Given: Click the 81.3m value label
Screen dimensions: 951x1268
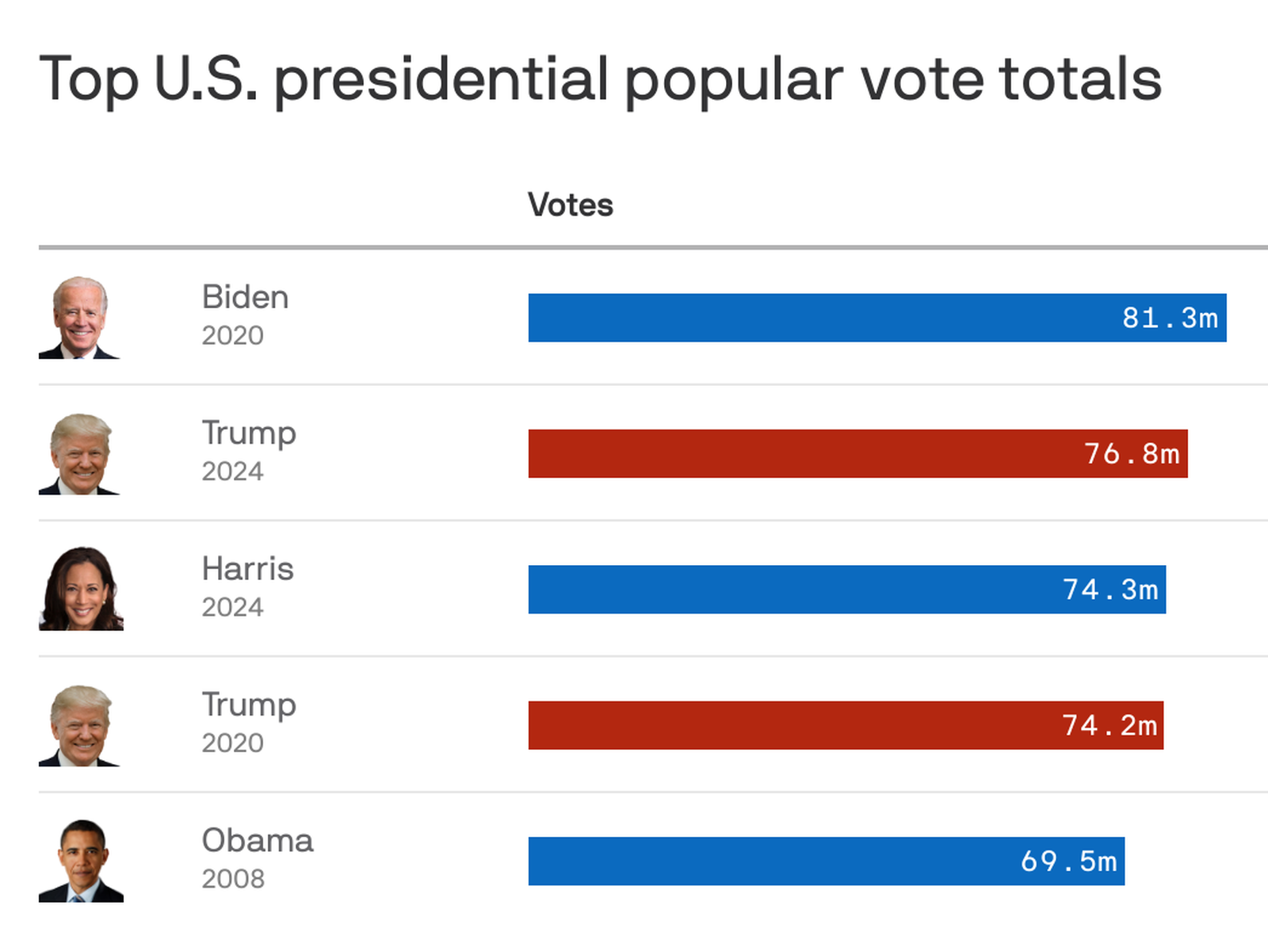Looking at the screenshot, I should [1170, 318].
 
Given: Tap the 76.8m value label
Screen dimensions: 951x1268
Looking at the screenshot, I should [1132, 454].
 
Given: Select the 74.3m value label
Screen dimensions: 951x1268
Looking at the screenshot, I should [1110, 590].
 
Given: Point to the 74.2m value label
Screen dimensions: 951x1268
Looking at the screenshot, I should [1109, 725].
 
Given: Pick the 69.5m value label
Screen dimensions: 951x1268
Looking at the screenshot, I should [1068, 861].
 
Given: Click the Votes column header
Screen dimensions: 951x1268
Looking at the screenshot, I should [571, 205].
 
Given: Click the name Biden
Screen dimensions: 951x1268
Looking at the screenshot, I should [245, 297].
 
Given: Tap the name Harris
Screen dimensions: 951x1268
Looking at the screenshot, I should [247, 569].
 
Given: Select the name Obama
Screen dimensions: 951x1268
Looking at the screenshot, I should [258, 840].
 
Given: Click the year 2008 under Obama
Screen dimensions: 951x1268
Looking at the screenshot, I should [233, 879].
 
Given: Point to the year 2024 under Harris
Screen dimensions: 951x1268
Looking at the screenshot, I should [232, 607].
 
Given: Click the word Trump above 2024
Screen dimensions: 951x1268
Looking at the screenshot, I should [249, 433].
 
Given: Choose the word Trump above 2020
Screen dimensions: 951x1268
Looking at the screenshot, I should [249, 705].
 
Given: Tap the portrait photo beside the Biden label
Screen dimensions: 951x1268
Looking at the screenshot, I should [79, 318].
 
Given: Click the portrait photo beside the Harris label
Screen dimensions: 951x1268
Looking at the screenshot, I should [81, 589].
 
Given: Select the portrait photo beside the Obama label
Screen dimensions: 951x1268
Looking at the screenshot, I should [82, 861].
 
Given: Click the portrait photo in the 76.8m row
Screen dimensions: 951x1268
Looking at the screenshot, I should [80, 454].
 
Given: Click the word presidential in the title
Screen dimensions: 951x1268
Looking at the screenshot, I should [441, 80].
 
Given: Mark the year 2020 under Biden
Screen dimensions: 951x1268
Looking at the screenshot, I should [232, 336].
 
